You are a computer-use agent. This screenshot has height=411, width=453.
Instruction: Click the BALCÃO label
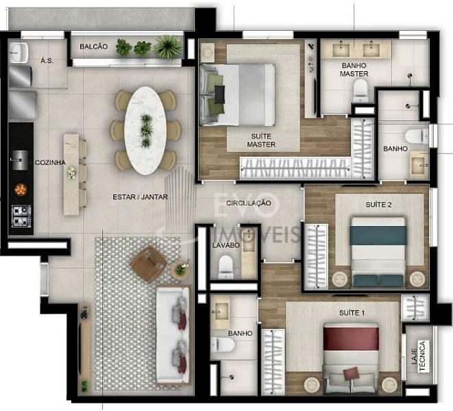point(94,47)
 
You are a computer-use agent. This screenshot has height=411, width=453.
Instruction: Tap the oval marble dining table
point(145,131)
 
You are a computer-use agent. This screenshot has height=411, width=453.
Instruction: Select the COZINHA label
point(50,162)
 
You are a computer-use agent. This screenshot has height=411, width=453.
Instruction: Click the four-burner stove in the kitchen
point(21,216)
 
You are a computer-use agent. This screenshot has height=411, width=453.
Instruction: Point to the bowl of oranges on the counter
point(21,189)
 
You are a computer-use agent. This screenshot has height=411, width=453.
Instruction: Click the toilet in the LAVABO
point(226,266)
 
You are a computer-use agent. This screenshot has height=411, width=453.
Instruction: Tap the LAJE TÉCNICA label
point(418,356)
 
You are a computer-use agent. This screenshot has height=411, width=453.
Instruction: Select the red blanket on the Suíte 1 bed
point(351,338)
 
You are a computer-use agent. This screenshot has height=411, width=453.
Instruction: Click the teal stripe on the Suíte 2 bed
point(378,236)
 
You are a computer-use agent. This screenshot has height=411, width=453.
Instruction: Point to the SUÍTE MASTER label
point(261,140)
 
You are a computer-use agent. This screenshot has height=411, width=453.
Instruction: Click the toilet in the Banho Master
point(360,90)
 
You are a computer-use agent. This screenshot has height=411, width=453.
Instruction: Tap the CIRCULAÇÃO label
point(249,203)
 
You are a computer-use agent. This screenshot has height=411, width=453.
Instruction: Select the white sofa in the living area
point(173,335)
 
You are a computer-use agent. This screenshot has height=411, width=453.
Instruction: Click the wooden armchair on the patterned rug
point(149,264)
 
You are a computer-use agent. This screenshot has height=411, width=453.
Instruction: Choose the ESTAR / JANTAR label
point(140,197)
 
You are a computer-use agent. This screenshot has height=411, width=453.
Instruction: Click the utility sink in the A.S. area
point(18,53)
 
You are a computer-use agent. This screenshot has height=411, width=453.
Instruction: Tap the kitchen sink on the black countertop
point(20,160)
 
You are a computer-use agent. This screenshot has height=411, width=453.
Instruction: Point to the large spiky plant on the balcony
point(168,47)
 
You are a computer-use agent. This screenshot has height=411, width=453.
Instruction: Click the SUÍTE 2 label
point(378,205)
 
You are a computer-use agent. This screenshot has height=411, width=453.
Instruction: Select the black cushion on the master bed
point(220,95)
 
